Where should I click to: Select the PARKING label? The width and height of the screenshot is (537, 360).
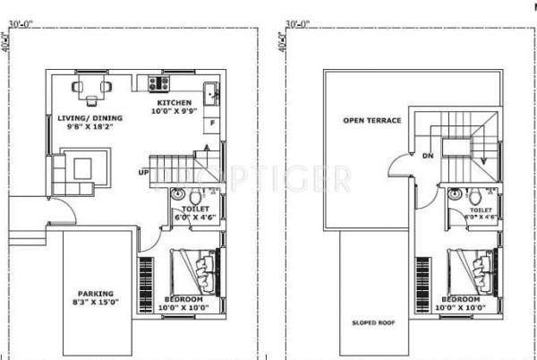pyautogui.click(x=95, y=294)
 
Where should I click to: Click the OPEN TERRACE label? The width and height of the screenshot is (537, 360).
pyautogui.click(x=370, y=120)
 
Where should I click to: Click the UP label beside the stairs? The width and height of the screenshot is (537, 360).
pyautogui.click(x=143, y=173)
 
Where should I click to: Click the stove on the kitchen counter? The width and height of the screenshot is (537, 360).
pyautogui.click(x=159, y=84)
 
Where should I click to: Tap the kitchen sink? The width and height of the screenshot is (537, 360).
pyautogui.click(x=209, y=90)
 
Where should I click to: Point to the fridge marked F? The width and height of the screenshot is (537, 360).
pyautogui.click(x=211, y=122)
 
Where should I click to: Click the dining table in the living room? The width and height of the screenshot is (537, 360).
pyautogui.click(x=92, y=90)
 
